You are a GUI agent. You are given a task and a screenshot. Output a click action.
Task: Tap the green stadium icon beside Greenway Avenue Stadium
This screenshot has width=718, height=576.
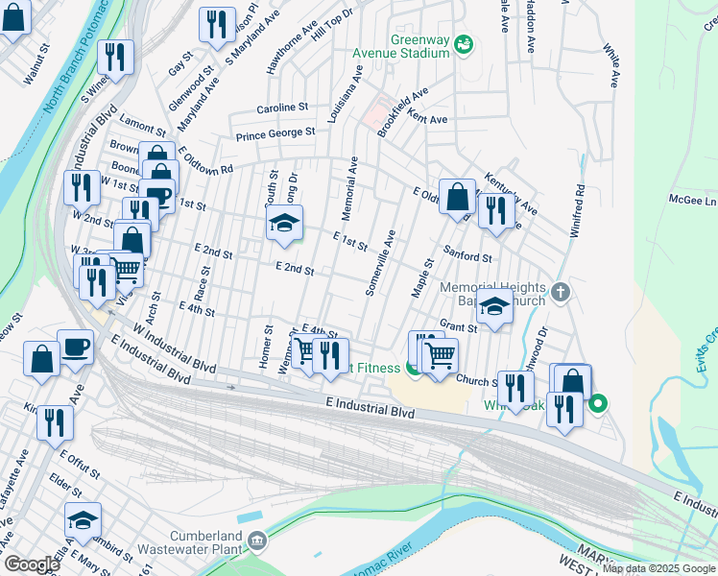click(464, 43)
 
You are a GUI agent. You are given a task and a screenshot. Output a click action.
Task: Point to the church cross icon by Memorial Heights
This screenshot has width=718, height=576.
click(562, 291)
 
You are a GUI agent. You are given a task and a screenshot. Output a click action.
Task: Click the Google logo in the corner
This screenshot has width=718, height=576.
click(32, 564)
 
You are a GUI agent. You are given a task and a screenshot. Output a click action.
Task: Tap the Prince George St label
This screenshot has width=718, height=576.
click(276, 133)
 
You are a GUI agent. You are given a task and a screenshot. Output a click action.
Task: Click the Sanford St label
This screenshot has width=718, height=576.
click(467, 256)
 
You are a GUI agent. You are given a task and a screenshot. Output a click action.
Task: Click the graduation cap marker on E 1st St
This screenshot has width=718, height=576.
click(284, 225)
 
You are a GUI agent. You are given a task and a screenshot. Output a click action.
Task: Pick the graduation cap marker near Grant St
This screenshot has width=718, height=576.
click(494, 309)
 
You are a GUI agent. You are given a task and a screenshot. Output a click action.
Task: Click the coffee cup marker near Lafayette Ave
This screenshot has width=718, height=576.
click(75, 347)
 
